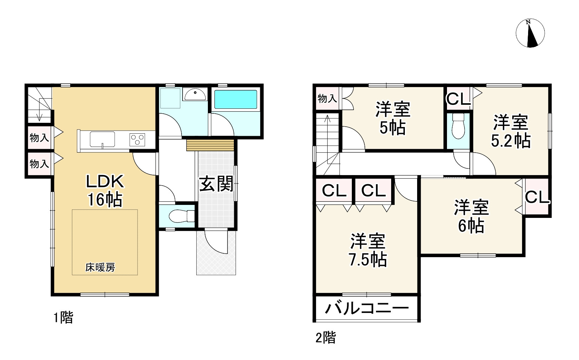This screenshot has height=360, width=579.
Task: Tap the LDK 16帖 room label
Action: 105,191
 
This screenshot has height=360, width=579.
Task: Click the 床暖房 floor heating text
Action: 100,268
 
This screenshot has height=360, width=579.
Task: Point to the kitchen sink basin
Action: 102,139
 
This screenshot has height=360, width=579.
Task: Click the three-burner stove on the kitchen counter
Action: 138,140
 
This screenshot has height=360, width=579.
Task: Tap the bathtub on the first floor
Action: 235,99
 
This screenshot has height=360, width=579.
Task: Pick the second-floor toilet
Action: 458,126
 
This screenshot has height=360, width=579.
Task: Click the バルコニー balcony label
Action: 367,309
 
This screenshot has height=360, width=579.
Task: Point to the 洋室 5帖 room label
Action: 393,119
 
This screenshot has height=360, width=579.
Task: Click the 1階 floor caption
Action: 63,318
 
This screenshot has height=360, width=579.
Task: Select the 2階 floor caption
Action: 325,338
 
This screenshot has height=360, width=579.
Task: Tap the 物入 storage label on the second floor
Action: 327,99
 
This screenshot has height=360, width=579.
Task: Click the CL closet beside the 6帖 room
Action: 537,197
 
